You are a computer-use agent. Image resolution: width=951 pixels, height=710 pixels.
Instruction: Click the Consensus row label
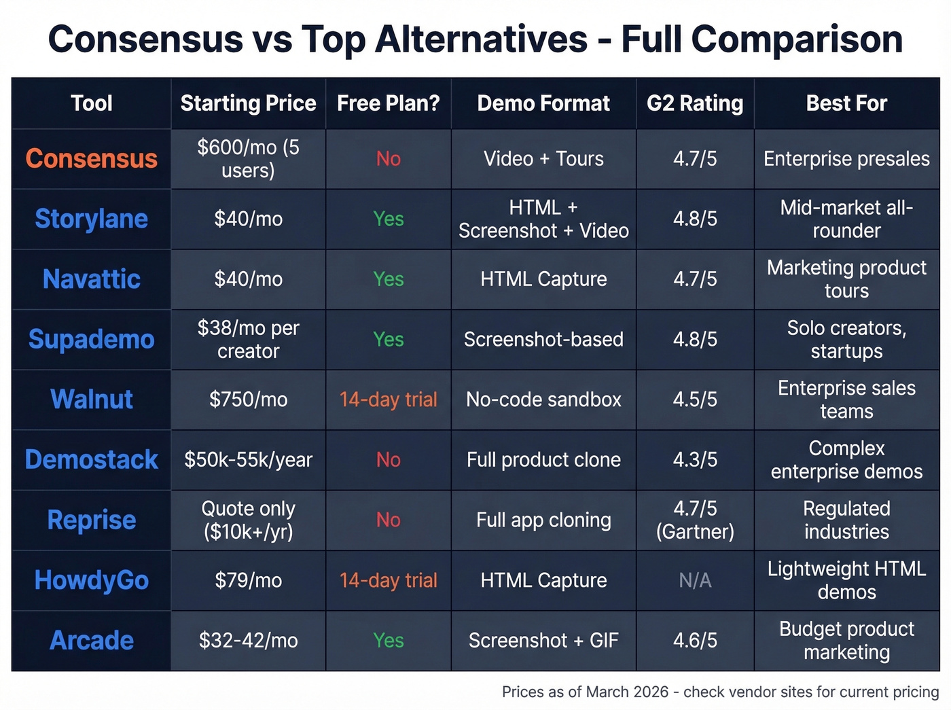click(91, 158)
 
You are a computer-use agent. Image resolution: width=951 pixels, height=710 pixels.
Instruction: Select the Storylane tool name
click(91, 219)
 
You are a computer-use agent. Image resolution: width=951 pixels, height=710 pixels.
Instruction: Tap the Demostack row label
click(91, 459)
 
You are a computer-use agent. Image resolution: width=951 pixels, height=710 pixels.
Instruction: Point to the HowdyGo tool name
click(91, 580)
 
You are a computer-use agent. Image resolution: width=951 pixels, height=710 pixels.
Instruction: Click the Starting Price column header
click(248, 103)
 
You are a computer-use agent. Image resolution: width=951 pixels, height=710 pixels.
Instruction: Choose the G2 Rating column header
click(694, 103)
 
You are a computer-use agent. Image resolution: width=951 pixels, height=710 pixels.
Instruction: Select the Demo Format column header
click(543, 103)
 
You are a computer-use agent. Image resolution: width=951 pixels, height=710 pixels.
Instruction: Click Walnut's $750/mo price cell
click(248, 400)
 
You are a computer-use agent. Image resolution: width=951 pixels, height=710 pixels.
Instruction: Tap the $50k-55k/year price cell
click(248, 460)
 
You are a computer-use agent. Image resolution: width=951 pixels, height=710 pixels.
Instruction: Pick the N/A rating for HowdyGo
click(695, 580)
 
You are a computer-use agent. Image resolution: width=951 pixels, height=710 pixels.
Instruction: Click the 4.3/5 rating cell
click(695, 460)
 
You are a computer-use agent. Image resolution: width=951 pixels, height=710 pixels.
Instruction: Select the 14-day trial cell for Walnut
click(388, 400)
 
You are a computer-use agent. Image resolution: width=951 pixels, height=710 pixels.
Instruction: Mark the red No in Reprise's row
click(388, 520)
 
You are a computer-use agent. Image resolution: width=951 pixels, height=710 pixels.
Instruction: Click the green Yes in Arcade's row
click(388, 640)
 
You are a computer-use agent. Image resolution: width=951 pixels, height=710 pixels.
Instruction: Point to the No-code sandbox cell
click(543, 400)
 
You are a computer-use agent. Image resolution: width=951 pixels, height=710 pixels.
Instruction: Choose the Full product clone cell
click(543, 460)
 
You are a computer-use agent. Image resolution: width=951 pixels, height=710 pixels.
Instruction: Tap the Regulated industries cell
click(846, 520)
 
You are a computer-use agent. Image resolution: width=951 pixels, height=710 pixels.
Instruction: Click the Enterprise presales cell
click(846, 158)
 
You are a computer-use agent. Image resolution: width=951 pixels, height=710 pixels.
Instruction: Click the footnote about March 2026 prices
click(720, 692)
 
